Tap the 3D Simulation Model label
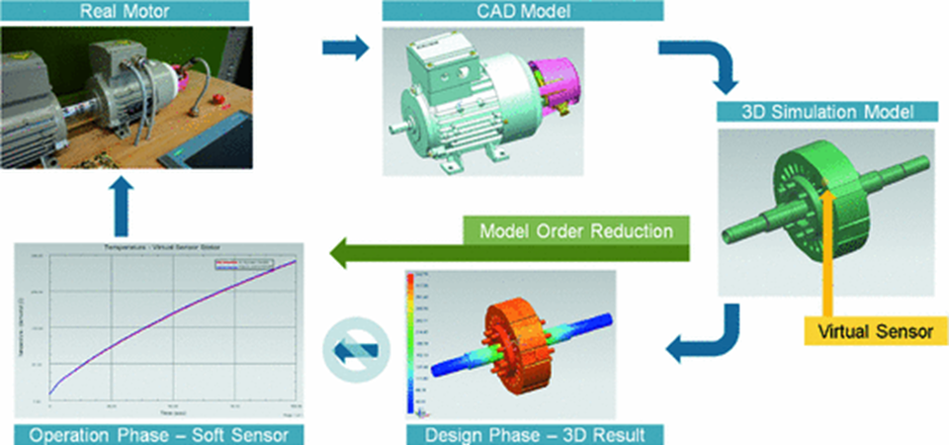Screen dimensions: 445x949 pyautogui.click(x=828, y=111)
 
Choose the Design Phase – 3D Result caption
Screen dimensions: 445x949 pyautogui.click(x=535, y=433)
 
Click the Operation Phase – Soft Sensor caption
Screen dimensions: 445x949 pyautogui.click(x=158, y=433)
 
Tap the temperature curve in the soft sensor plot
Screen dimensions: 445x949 pyautogui.click(x=168, y=316)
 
